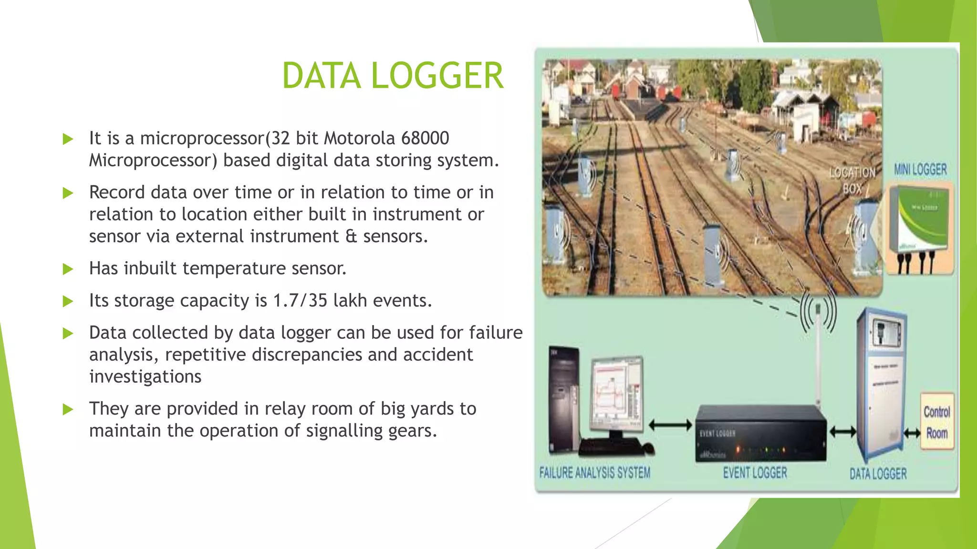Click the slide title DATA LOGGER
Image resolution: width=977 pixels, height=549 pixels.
pyautogui.click(x=392, y=76)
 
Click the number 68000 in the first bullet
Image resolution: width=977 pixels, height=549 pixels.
pyautogui.click(x=425, y=138)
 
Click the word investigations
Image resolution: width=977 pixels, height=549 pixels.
pyautogui.click(x=145, y=376)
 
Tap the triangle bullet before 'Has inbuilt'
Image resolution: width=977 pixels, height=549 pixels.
pyautogui.click(x=68, y=269)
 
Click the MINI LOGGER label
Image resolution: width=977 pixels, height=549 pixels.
pyautogui.click(x=920, y=169)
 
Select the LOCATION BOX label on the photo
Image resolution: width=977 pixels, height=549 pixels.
pyautogui.click(x=852, y=180)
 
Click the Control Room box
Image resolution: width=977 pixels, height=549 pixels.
pyautogui.click(x=936, y=422)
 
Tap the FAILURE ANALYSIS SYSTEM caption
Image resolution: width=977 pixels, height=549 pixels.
pyautogui.click(x=594, y=473)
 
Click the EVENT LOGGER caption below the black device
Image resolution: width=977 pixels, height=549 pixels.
pyautogui.click(x=755, y=473)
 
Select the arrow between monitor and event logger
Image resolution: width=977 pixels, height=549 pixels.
pyautogui.click(x=670, y=425)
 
